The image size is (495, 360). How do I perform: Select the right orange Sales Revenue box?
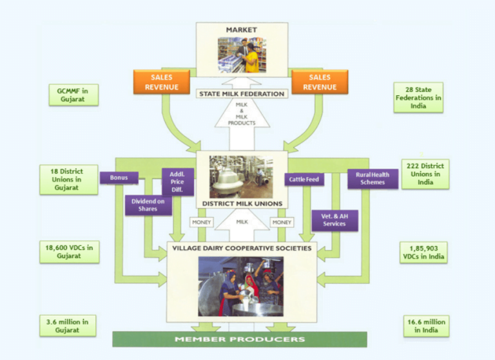[320, 82]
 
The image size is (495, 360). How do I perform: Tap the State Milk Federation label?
[242, 94]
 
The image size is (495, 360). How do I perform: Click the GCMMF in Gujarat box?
[73, 95]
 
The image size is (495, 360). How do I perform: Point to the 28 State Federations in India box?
[418, 97]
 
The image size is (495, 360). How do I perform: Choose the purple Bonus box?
[119, 177]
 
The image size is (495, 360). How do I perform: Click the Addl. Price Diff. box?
[177, 182]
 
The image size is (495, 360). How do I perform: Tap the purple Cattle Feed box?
[304, 180]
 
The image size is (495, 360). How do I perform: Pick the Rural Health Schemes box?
[372, 178]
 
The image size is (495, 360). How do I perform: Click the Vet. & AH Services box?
[335, 220]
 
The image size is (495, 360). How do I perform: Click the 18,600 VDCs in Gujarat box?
[69, 252]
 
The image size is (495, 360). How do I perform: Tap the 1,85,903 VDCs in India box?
[423, 252]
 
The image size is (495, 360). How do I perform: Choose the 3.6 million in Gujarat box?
[68, 325]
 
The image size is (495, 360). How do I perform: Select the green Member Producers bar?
[240, 339]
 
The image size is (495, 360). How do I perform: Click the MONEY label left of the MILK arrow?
[201, 222]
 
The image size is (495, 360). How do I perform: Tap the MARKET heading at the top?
[242, 30]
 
